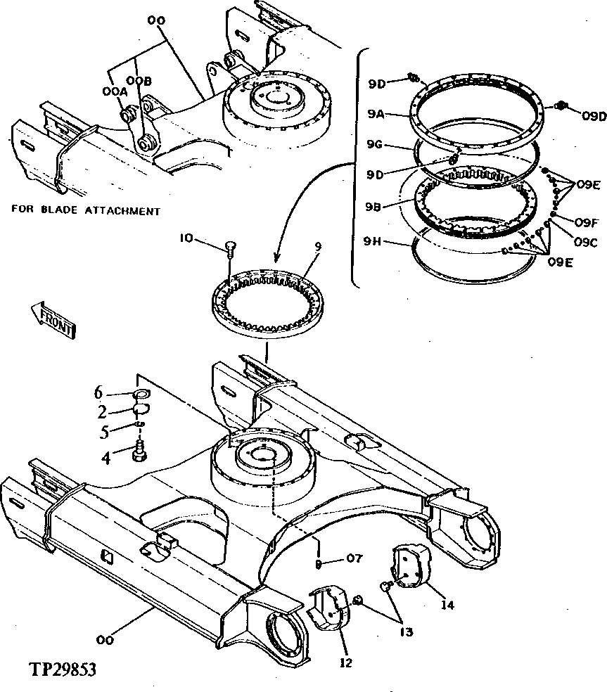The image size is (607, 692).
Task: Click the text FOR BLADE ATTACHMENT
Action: tap(85, 210)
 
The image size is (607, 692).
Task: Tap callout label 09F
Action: tap(586, 222)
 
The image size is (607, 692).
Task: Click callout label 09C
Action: tap(586, 243)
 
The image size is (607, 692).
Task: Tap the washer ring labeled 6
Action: tap(139, 395)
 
